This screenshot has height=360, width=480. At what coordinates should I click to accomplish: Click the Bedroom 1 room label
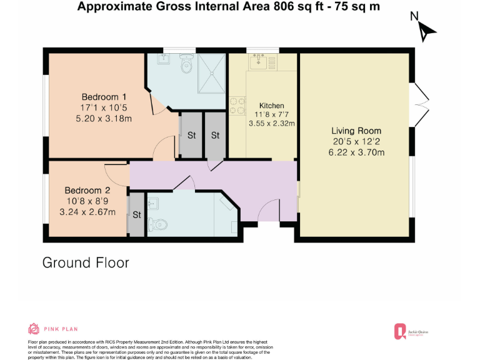(104, 97)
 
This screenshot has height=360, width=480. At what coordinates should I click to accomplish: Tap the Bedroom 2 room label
(87, 191)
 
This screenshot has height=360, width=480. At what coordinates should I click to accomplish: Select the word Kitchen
(272, 106)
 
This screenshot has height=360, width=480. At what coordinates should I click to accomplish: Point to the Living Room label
(356, 131)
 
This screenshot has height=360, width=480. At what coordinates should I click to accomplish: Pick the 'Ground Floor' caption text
(86, 262)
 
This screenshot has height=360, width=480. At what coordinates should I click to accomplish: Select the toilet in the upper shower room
(186, 63)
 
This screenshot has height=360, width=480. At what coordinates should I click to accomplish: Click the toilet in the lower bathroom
(159, 223)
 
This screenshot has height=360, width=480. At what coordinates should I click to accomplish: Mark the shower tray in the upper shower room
(212, 71)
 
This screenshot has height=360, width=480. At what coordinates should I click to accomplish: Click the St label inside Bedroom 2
(136, 215)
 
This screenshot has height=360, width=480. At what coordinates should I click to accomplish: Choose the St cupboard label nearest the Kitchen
(214, 135)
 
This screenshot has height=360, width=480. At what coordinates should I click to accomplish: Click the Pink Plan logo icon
(34, 329)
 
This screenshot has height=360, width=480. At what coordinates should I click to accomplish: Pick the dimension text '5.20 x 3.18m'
(104, 117)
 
